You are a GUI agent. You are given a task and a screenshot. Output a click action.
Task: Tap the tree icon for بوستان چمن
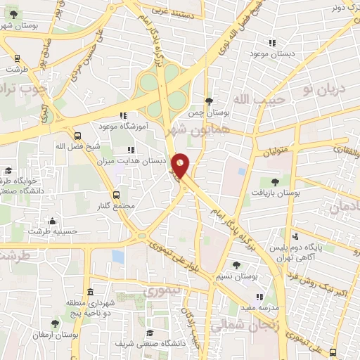pos(208,101)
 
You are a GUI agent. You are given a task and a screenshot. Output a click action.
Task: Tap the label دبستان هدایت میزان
pos(139,160)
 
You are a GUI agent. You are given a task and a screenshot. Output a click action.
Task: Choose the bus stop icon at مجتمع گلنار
pos(116,195)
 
